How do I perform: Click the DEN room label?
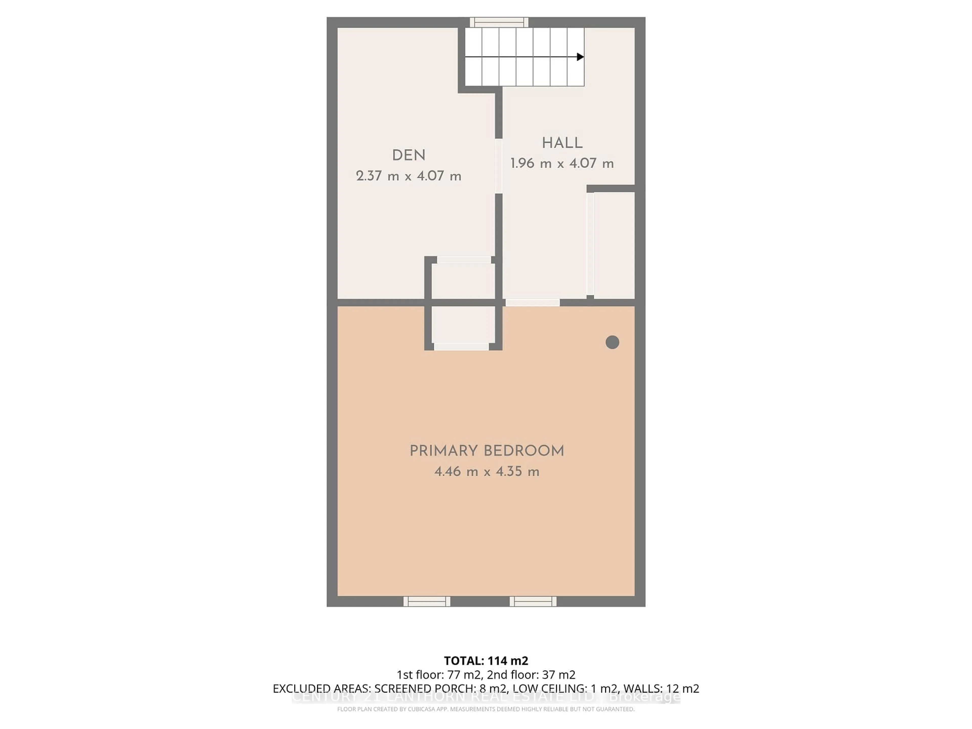tap(408, 156)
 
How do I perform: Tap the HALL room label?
tap(562, 143)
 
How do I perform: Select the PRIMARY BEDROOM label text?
tap(487, 451)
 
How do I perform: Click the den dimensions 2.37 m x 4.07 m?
tap(408, 176)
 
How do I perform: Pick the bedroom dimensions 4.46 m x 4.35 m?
tap(487, 472)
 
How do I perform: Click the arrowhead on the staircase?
tap(580, 57)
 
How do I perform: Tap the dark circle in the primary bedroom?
tap(612, 342)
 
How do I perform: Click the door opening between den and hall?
tap(499, 166)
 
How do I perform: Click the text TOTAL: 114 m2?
tap(486, 661)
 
